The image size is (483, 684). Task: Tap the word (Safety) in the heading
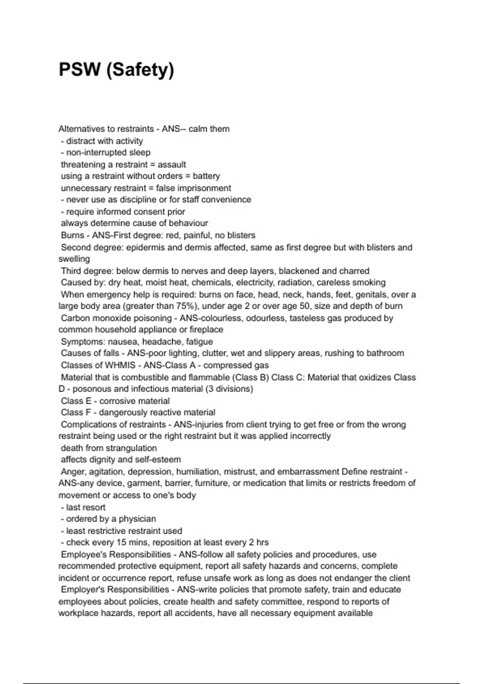point(140,70)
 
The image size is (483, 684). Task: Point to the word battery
point(206,176)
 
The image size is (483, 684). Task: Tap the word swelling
point(74,259)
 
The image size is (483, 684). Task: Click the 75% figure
point(182,306)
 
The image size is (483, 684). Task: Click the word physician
point(137,519)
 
